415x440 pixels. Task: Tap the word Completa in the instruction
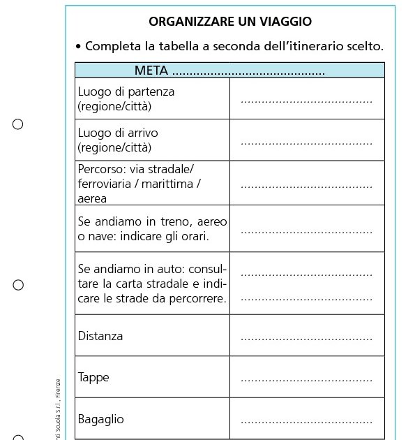(x=115, y=47)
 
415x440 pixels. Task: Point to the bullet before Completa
(x=78, y=47)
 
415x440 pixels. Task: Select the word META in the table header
(x=151, y=71)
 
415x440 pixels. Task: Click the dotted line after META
(x=248, y=73)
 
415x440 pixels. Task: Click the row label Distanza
(x=100, y=336)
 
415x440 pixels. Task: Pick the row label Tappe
(x=93, y=377)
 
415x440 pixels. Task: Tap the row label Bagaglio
(x=101, y=419)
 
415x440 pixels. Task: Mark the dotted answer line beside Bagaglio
(x=306, y=423)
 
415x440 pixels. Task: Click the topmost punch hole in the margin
(x=18, y=124)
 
